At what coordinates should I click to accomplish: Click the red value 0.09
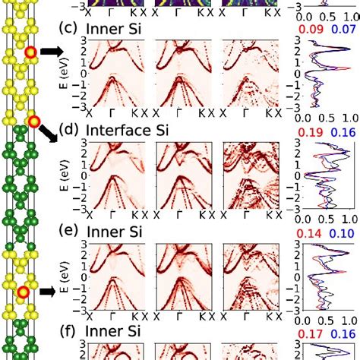click(x=311, y=29)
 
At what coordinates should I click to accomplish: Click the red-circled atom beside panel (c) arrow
click(x=30, y=52)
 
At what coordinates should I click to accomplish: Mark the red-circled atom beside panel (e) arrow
click(x=24, y=291)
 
